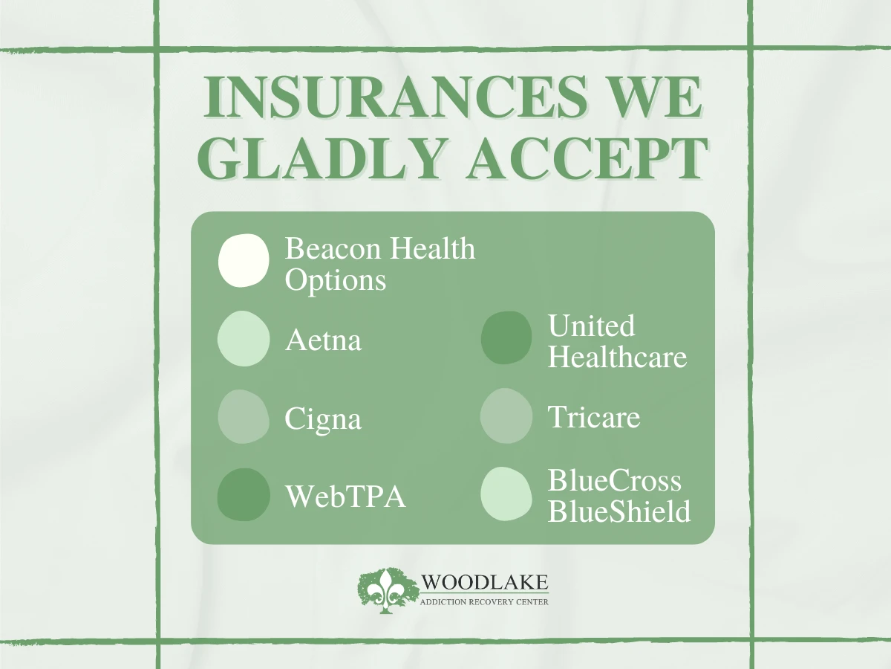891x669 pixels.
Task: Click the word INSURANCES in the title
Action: tap(396, 97)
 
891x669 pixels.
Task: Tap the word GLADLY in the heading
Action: tap(320, 158)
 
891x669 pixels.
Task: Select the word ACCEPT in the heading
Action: tap(587, 158)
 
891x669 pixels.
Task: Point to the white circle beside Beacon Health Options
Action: tap(244, 261)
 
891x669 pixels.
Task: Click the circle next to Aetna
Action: tap(244, 339)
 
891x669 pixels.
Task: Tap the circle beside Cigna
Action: tap(244, 417)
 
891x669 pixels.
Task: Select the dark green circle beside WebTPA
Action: tap(244, 495)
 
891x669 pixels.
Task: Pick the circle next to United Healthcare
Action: tap(506, 337)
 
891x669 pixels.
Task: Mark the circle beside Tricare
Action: tap(506, 416)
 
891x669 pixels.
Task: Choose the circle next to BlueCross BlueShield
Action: tap(506, 494)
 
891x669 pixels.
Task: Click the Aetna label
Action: tap(323, 340)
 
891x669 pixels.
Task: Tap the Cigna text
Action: tap(323, 419)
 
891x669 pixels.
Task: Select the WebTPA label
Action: tap(345, 496)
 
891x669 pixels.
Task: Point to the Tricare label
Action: tap(594, 417)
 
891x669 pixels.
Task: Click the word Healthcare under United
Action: tap(617, 357)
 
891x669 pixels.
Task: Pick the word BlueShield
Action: tap(619, 511)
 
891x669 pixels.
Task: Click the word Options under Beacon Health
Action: tap(336, 280)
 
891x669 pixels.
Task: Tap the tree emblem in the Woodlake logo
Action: tap(388, 591)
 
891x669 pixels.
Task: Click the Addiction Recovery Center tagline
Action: tap(484, 602)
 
